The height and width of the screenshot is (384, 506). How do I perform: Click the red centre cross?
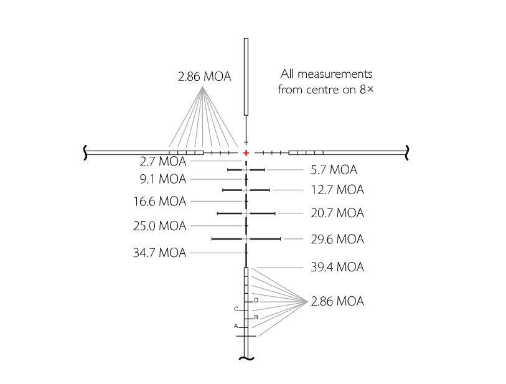tap(246, 152)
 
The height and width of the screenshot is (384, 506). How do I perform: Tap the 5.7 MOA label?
tap(334, 170)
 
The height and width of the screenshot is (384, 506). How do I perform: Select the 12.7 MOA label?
tap(337, 190)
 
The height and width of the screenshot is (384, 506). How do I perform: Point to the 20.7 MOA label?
tap(337, 213)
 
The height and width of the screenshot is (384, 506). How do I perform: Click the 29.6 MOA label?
tap(337, 239)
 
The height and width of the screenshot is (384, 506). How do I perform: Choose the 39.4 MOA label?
tap(337, 267)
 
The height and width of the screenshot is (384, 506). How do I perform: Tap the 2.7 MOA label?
tap(163, 161)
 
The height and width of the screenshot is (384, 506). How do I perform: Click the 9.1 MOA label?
tap(163, 179)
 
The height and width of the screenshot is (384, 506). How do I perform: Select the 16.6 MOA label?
tap(160, 202)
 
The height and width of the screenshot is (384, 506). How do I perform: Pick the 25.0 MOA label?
tap(160, 226)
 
